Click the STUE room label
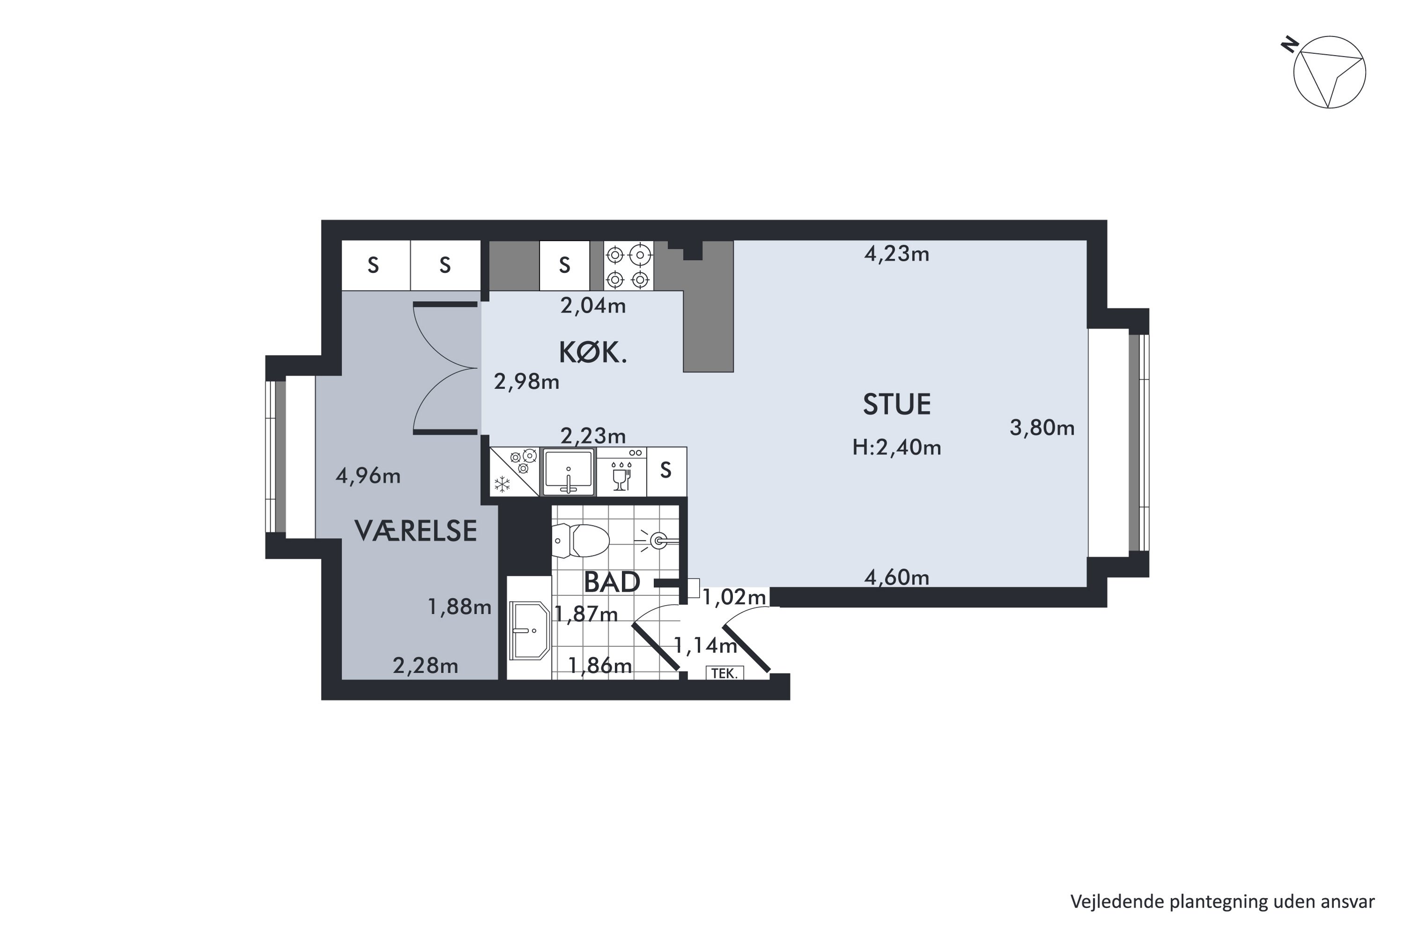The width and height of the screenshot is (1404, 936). (897, 405)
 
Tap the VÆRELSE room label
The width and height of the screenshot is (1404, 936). (416, 531)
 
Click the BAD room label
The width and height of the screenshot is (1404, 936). (612, 582)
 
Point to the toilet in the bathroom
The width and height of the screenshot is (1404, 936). (581, 540)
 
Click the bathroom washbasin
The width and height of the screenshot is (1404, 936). (529, 630)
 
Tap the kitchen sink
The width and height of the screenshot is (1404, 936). (568, 472)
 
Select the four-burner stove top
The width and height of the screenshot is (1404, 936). (628, 266)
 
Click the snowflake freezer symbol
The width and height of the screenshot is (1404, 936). (503, 483)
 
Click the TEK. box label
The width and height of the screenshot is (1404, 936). (724, 673)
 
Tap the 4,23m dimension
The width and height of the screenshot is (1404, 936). (897, 254)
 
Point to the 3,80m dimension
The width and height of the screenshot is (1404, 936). (1042, 428)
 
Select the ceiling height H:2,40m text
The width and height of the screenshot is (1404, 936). (897, 448)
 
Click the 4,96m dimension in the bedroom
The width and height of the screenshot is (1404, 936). (368, 476)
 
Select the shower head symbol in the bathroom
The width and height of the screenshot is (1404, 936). (659, 541)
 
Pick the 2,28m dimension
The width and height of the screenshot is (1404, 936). (425, 665)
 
